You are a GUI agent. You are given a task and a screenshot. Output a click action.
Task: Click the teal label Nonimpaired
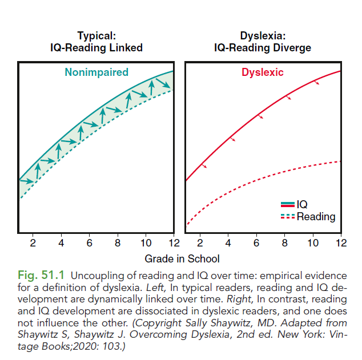(x=96, y=72)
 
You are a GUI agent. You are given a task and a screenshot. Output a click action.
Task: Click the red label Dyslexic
(x=262, y=72)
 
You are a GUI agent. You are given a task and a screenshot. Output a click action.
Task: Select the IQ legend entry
(x=302, y=204)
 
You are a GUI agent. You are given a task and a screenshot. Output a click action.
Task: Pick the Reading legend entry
(x=315, y=217)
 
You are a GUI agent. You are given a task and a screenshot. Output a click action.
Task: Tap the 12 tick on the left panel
(x=173, y=243)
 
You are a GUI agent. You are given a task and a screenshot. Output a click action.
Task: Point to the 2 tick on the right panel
(x=200, y=243)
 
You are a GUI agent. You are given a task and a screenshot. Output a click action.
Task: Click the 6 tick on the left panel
(x=89, y=243)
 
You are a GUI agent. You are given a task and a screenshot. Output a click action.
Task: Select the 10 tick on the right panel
(x=312, y=243)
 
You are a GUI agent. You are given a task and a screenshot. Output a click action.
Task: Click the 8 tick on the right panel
(x=285, y=243)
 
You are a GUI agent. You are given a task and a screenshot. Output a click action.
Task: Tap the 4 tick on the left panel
(x=61, y=243)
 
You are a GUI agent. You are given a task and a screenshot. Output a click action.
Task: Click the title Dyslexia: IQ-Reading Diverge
(x=263, y=42)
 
